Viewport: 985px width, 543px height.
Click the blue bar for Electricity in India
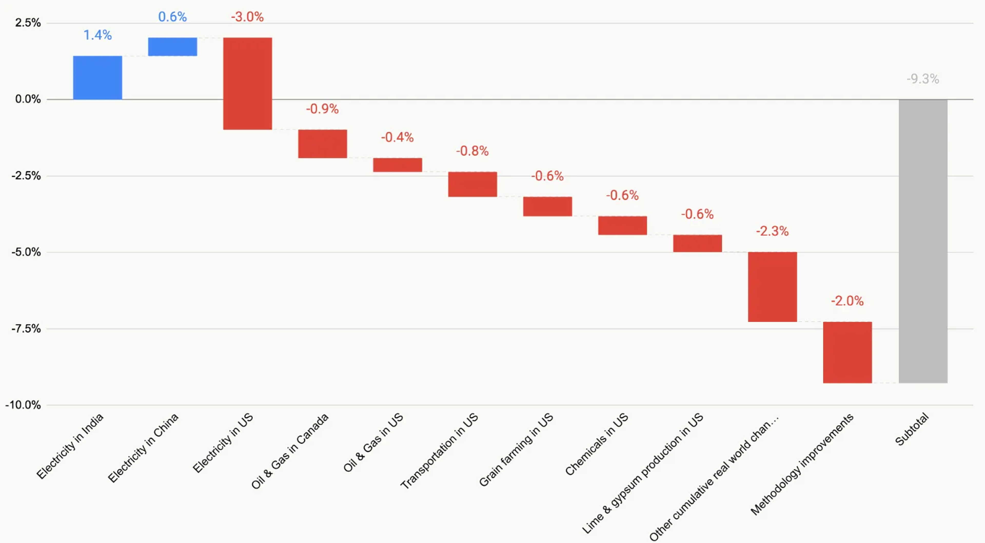pos(97,78)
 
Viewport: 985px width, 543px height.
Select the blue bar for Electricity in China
pos(172,47)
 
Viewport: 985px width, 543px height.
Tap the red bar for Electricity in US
pos(247,83)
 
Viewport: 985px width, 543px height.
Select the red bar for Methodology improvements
pos(847,352)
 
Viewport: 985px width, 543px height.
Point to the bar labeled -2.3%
pos(772,287)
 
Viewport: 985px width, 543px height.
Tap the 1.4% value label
pos(97,35)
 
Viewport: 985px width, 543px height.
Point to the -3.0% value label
pos(247,17)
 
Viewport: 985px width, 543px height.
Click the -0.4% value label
pos(397,137)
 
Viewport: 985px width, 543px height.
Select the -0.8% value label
pos(472,151)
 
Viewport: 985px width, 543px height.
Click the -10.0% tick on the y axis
pos(23,405)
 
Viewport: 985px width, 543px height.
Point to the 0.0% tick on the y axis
pos(27,99)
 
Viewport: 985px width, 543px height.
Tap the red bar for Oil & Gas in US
pos(397,165)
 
